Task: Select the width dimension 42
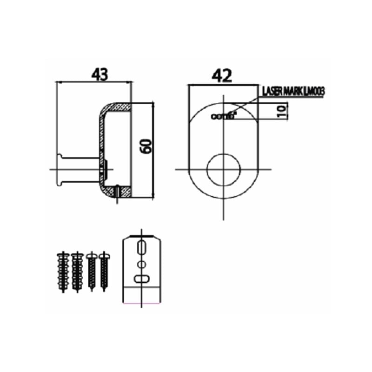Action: click(x=222, y=76)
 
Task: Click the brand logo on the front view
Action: click(x=223, y=116)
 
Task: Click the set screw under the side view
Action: click(x=117, y=192)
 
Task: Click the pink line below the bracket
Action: click(x=142, y=302)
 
